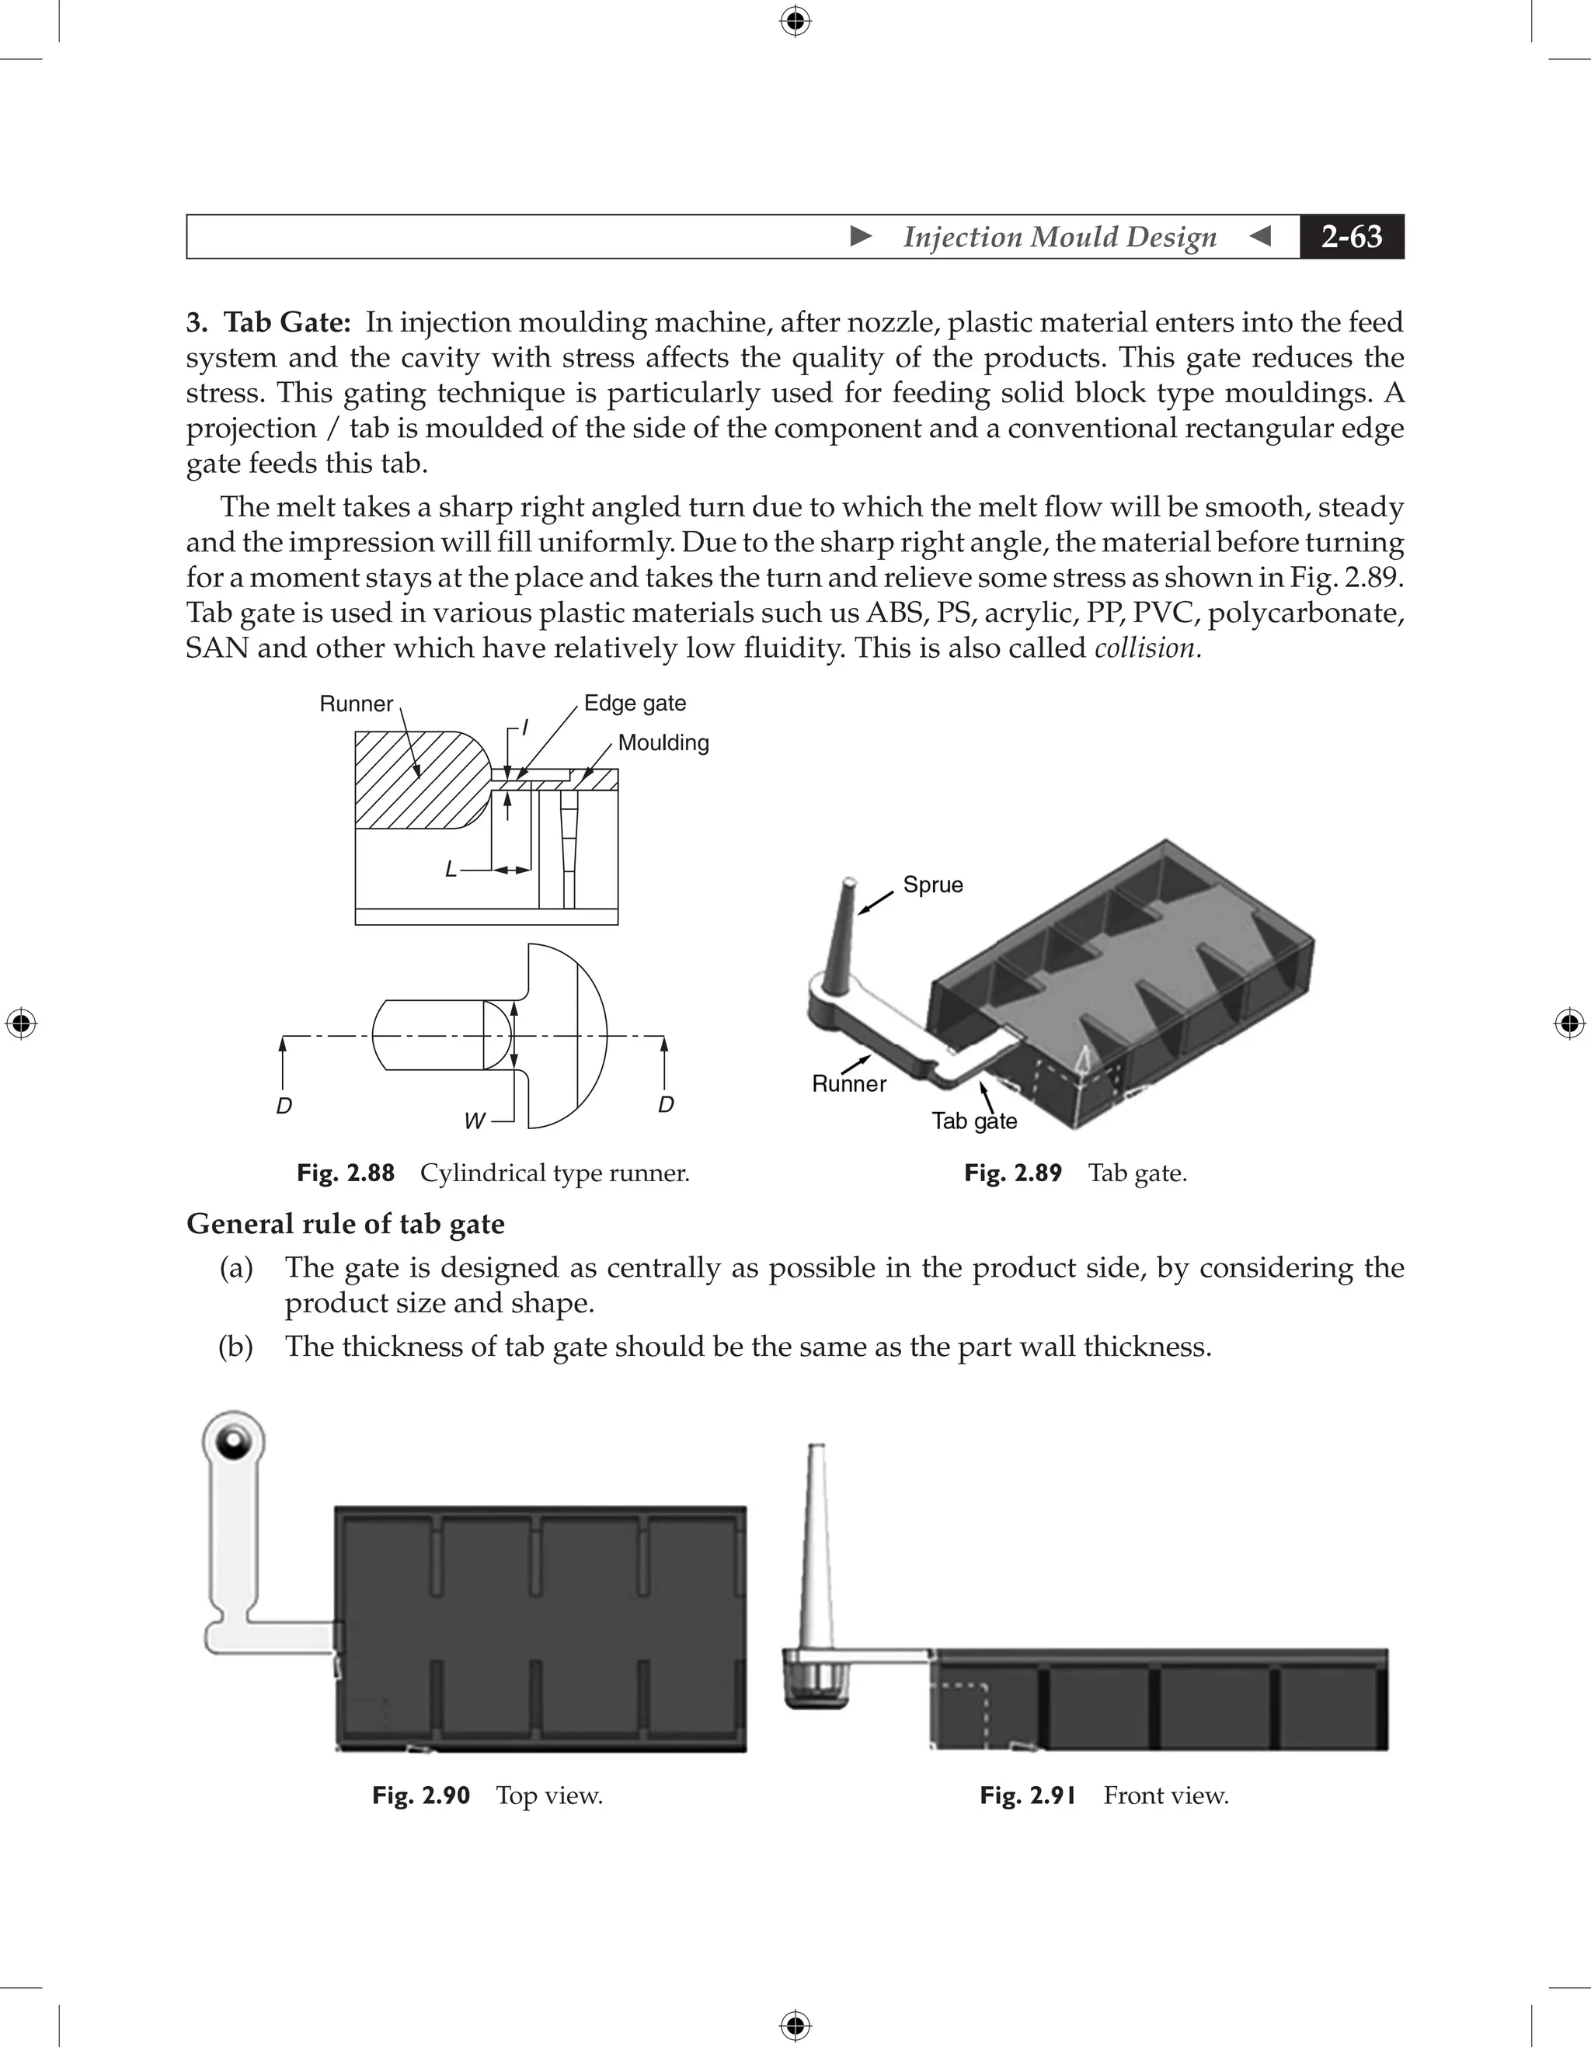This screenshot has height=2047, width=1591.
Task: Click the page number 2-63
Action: click(1351, 236)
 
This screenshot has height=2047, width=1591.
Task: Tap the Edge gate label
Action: click(635, 703)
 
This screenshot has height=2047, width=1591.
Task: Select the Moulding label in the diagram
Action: click(663, 742)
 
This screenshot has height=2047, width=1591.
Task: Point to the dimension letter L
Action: click(451, 870)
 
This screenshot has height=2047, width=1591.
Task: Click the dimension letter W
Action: click(475, 1121)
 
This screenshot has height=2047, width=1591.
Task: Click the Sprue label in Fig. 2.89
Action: click(933, 884)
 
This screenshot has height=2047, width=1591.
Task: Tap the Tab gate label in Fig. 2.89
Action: click(974, 1121)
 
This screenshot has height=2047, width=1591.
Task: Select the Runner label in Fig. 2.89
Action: click(848, 1083)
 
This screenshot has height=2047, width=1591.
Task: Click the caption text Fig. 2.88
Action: click(345, 1173)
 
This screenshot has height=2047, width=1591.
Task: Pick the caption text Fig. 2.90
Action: click(420, 1795)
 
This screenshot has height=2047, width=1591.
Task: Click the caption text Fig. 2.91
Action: click(1028, 1795)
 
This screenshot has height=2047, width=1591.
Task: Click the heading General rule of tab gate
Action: click(345, 1223)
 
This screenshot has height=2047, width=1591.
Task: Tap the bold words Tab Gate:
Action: click(287, 322)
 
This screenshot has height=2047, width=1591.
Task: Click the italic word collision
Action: click(1147, 648)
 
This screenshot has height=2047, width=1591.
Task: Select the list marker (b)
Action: click(235, 1346)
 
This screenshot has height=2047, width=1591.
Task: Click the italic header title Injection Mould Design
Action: click(1060, 236)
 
